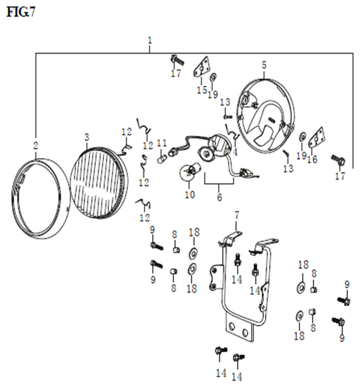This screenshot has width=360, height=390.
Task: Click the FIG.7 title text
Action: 21,12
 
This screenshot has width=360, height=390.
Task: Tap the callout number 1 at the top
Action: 150,41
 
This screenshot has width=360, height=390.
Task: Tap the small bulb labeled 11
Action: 162,159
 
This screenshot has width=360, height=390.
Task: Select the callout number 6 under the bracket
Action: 219,197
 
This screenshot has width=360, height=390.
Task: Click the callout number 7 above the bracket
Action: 236,215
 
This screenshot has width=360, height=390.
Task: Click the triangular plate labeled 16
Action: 316,138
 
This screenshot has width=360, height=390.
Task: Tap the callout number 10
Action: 190,194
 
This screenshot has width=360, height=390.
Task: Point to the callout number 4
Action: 235,152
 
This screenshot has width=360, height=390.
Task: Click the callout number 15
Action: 202,90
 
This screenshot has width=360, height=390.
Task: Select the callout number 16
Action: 313,159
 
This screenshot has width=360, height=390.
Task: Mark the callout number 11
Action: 162,143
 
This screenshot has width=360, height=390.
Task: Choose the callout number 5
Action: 264,65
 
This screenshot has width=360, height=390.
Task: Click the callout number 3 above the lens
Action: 86,137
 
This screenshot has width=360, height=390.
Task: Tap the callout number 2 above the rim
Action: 36,146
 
